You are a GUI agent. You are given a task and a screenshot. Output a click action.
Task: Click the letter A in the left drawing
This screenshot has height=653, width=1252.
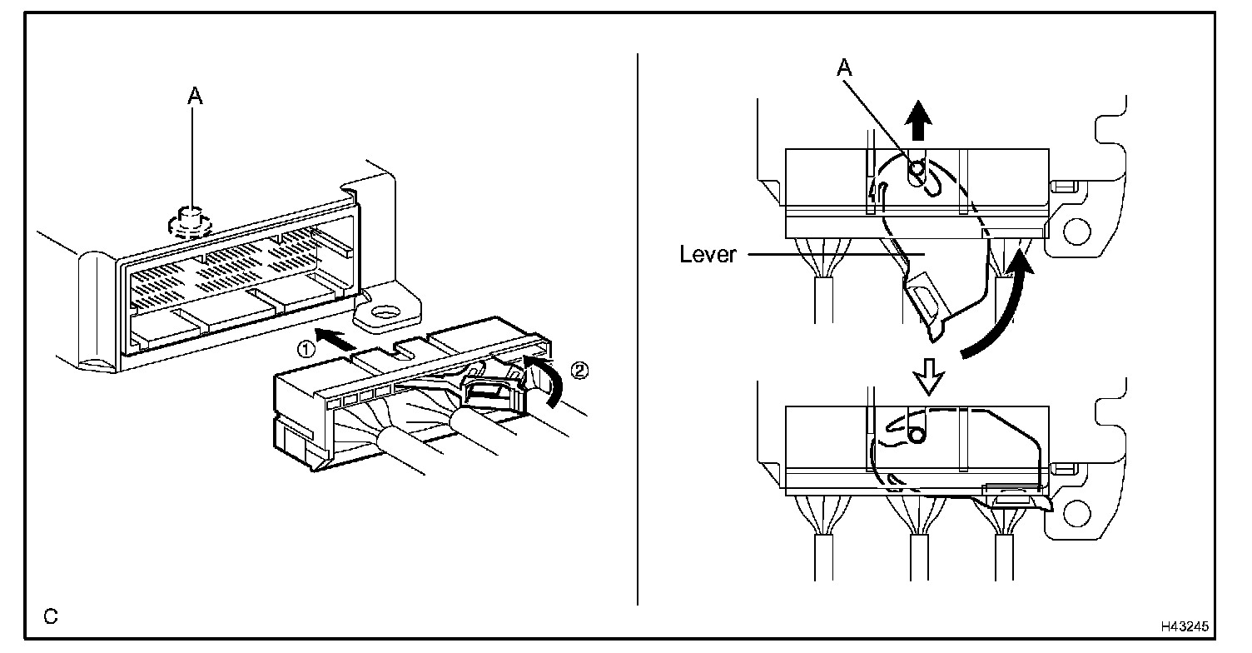tap(195, 97)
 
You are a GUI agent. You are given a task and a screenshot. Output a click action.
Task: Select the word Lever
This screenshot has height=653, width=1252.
tap(708, 254)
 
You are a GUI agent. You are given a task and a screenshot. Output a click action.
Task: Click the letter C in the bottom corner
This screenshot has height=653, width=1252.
tap(51, 617)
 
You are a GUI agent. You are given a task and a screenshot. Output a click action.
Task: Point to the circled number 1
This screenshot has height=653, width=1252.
tap(308, 351)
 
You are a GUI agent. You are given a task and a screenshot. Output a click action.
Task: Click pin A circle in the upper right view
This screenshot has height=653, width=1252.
tap(917, 170)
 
